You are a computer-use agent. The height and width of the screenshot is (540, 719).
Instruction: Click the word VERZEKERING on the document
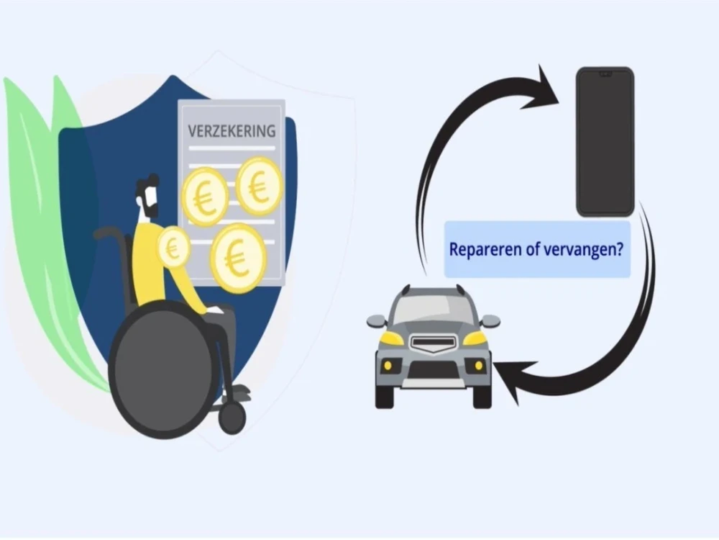[232, 131]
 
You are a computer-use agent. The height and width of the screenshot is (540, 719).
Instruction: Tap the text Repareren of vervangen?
[536, 249]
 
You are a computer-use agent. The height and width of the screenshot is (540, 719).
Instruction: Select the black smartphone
[605, 142]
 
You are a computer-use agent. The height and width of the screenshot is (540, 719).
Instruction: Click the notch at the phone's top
[605, 73]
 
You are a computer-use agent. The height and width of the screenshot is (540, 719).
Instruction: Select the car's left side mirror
[377, 320]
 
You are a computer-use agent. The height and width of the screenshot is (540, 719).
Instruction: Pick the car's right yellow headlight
[475, 339]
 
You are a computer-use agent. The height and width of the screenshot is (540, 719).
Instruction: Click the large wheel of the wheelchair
[163, 369]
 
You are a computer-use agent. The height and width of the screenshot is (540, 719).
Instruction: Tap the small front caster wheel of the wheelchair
[232, 418]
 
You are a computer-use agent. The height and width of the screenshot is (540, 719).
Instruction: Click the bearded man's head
[147, 196]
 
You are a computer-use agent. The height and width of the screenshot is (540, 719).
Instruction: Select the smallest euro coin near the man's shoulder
[173, 248]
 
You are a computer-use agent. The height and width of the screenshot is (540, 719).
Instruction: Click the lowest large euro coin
[238, 258]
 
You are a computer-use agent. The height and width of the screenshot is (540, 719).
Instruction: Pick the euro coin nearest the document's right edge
[259, 186]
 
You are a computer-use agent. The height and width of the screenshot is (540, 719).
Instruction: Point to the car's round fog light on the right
[478, 366]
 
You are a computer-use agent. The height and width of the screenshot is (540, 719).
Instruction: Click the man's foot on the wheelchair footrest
[239, 392]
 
